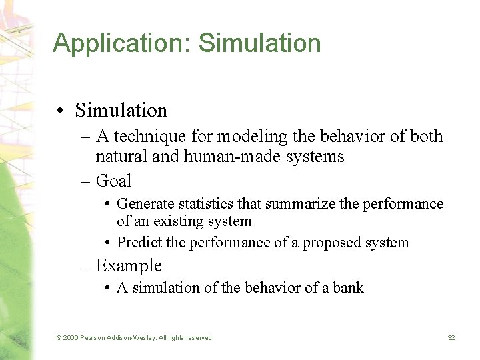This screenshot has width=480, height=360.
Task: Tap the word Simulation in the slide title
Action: point(259,43)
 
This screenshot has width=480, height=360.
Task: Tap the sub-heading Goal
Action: point(114,181)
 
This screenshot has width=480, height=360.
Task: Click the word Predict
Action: point(139,243)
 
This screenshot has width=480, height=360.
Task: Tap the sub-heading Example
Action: point(129,266)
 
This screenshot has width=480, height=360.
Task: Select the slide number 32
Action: point(451,338)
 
